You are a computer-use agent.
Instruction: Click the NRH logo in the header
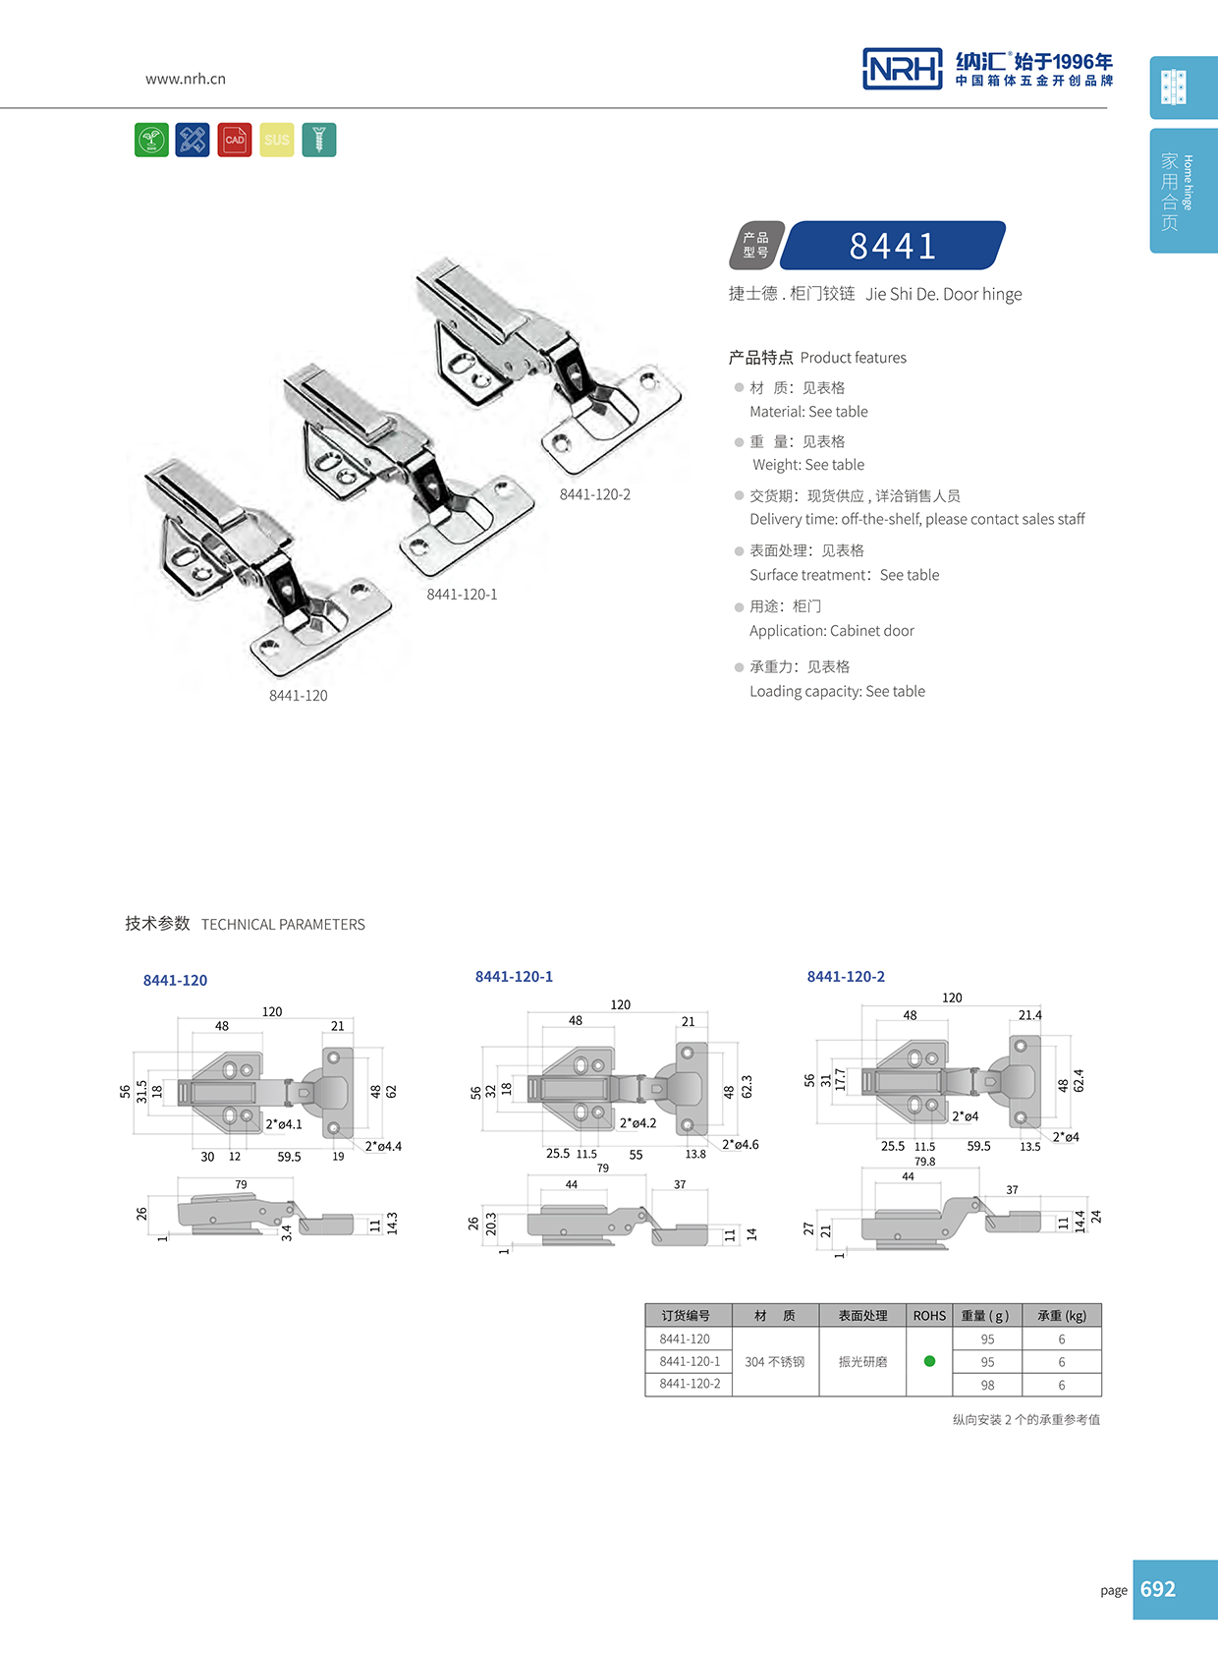[x=902, y=69]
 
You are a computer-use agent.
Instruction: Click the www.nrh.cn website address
[x=186, y=79]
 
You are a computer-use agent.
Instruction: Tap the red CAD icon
[x=235, y=141]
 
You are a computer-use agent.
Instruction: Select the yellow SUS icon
[x=277, y=141]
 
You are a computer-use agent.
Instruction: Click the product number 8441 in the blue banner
[x=893, y=246]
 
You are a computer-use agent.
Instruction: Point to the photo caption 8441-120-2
[x=595, y=494]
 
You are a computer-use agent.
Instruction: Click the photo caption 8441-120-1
[x=462, y=595]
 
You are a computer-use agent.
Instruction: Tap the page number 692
[x=1158, y=1589]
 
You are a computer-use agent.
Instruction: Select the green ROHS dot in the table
[x=929, y=1361]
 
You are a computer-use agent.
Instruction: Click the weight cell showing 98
[x=987, y=1385]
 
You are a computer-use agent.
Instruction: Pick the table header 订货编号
[x=686, y=1315]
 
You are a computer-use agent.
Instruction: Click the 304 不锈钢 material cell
[x=774, y=1361]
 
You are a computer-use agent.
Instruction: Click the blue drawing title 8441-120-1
[x=514, y=976]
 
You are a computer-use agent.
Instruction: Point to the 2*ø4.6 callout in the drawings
[x=741, y=1144]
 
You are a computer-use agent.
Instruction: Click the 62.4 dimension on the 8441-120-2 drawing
[x=1079, y=1081]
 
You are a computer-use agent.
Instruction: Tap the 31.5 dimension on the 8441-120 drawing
[x=141, y=1091]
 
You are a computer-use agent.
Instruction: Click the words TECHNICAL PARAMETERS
[x=283, y=925]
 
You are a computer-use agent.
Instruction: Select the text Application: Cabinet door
[x=831, y=631]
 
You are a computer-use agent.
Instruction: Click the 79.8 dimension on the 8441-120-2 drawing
[x=925, y=1162]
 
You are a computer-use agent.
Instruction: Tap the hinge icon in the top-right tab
[x=1174, y=86]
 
